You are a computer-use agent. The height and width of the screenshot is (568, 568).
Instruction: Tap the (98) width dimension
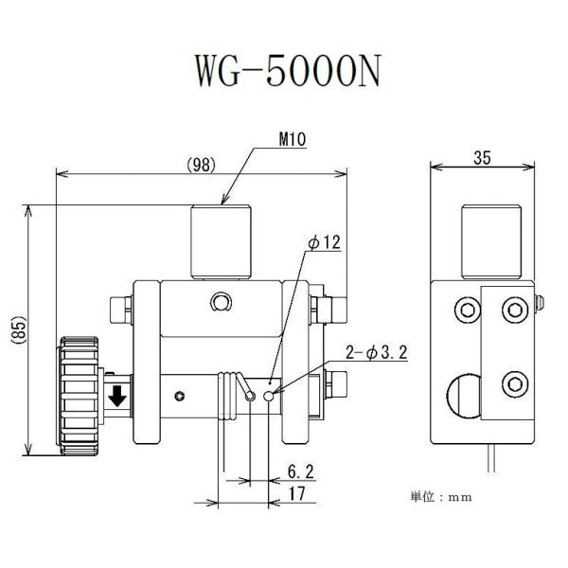pos(201,164)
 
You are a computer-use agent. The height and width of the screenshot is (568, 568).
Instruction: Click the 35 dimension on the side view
pos(480,160)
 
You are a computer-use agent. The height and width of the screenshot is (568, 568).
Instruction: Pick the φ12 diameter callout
pos(322,243)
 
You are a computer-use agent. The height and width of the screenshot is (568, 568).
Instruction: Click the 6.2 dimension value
pos(299,469)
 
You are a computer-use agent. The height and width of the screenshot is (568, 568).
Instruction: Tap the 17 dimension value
pos(298,492)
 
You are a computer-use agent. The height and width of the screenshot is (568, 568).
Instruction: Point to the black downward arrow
pos(117,396)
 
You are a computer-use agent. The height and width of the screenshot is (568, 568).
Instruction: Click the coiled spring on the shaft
pos(228,396)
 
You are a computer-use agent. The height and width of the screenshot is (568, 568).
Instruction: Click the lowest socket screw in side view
pos(513,383)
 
